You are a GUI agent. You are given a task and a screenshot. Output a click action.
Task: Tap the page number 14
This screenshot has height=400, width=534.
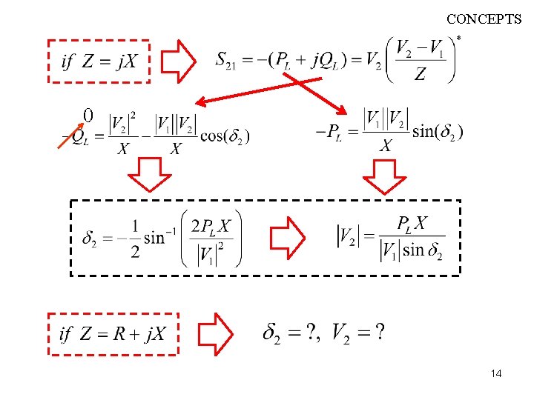click(496, 374)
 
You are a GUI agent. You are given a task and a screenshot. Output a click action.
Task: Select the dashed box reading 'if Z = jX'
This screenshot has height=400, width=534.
click(99, 61)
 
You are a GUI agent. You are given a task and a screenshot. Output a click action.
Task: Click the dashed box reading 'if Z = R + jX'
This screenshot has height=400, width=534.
click(113, 334)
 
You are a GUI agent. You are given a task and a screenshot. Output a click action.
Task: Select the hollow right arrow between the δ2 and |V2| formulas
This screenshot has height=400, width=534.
click(287, 238)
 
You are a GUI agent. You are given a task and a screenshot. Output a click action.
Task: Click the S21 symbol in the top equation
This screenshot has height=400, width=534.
click(227, 59)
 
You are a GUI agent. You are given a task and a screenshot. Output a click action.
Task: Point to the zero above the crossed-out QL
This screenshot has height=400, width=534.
click(88, 116)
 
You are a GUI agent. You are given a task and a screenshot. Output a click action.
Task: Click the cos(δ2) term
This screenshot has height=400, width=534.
click(228, 136)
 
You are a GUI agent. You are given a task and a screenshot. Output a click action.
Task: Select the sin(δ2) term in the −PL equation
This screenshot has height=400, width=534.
click(438, 132)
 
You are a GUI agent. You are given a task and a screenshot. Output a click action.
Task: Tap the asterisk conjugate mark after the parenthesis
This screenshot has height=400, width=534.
click(459, 38)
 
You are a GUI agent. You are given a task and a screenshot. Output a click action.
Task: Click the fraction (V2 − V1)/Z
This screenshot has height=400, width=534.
click(421, 61)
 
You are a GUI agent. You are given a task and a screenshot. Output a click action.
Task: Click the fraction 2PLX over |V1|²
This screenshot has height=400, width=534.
click(211, 239)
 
